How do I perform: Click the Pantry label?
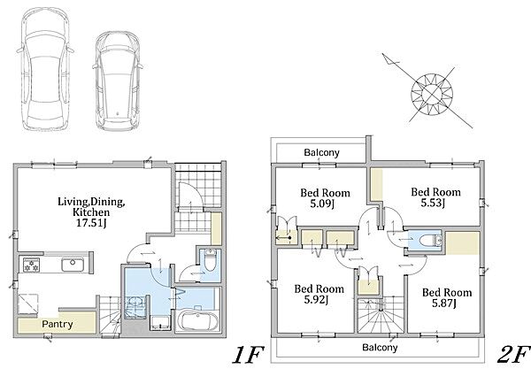58,325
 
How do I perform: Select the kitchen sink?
73,265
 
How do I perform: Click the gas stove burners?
31,265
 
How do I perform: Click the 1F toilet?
210,261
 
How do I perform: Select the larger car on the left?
45,69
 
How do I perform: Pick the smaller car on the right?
117,81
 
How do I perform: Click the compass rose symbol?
432,94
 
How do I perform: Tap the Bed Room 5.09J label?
325,198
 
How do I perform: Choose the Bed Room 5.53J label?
435,197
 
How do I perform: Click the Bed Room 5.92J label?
319,294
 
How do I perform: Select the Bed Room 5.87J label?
447,297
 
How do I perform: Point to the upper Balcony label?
321,152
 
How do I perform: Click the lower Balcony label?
380,347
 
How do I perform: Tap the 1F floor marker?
248,355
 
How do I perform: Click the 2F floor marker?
513,354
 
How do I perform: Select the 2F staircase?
381,315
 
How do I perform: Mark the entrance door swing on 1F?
190,196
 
